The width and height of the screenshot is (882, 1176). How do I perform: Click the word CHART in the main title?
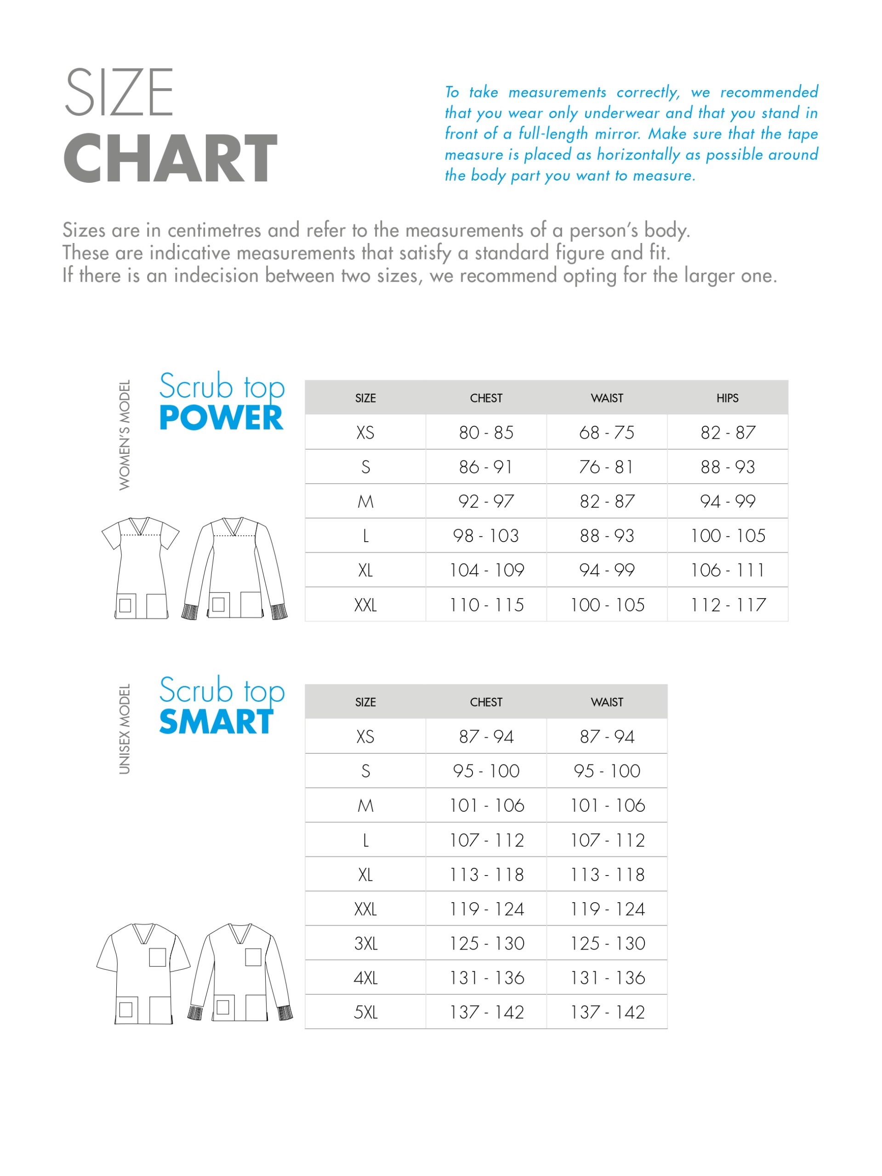coord(170,158)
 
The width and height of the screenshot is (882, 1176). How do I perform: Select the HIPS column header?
coord(727,398)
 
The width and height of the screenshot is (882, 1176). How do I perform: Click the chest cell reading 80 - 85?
coord(486,433)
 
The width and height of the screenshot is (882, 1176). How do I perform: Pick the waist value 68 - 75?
coord(606,433)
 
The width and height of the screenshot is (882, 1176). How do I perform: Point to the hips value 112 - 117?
coord(727,605)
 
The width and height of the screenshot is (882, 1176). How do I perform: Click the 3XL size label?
coord(365,944)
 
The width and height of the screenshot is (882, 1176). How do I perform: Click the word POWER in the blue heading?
coord(221,418)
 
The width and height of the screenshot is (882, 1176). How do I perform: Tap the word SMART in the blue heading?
coord(216,723)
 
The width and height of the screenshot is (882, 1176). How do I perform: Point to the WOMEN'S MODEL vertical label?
coord(125,435)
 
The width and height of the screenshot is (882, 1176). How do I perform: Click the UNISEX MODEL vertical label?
coord(125,729)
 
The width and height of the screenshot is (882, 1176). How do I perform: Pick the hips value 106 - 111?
coord(727,571)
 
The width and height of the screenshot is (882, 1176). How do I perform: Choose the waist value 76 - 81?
coord(606,467)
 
